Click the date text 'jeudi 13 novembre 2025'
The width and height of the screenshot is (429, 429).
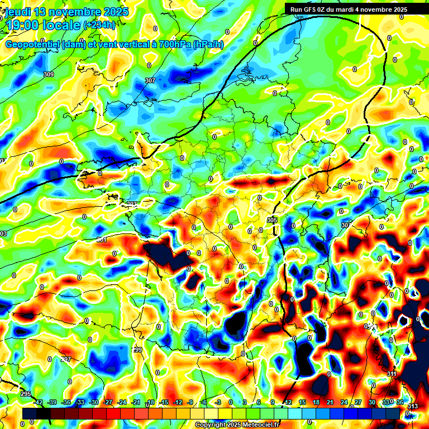(67, 12)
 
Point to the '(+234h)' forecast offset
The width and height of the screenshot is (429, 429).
(99, 25)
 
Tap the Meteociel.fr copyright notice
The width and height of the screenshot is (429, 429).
(237, 425)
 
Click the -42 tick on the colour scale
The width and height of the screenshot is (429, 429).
(39, 402)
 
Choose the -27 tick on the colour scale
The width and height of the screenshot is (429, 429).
(108, 402)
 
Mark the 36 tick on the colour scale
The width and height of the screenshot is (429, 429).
(399, 402)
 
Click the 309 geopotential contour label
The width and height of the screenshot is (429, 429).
(49, 74)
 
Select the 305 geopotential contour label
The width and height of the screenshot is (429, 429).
(272, 221)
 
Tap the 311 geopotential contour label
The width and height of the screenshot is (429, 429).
(391, 374)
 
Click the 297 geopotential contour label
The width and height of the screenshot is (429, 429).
(66, 359)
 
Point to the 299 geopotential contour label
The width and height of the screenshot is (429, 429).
(137, 350)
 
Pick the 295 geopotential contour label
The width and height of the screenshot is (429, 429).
(26, 394)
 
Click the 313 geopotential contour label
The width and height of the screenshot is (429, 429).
(412, 406)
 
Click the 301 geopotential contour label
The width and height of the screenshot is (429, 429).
(101, 240)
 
